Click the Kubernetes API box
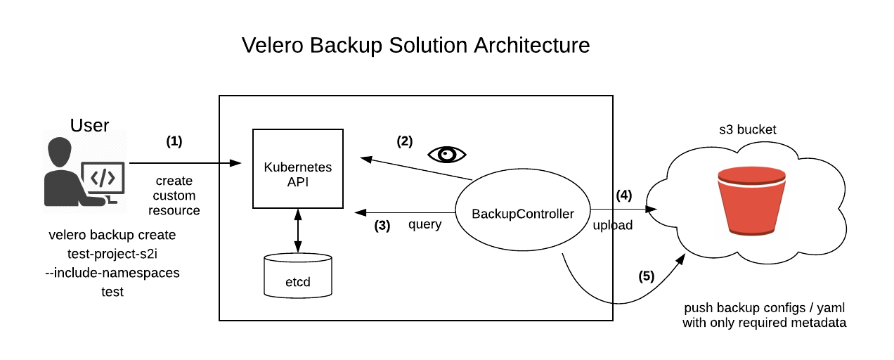click(297, 168)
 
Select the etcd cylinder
click(297, 276)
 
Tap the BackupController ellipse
click(522, 213)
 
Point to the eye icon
click(447, 154)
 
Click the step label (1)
click(174, 141)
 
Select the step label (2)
click(404, 141)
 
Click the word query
click(425, 225)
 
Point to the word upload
click(613, 226)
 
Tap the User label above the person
click(89, 125)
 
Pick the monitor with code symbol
click(103, 179)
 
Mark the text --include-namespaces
click(112, 273)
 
